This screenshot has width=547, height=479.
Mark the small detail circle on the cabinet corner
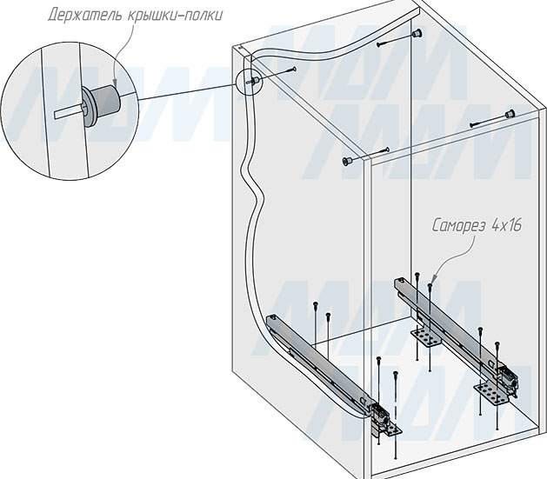(250, 81)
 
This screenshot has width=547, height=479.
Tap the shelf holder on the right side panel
(509, 114)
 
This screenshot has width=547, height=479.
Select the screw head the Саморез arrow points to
(429, 283)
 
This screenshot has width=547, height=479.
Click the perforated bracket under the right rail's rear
(425, 334)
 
